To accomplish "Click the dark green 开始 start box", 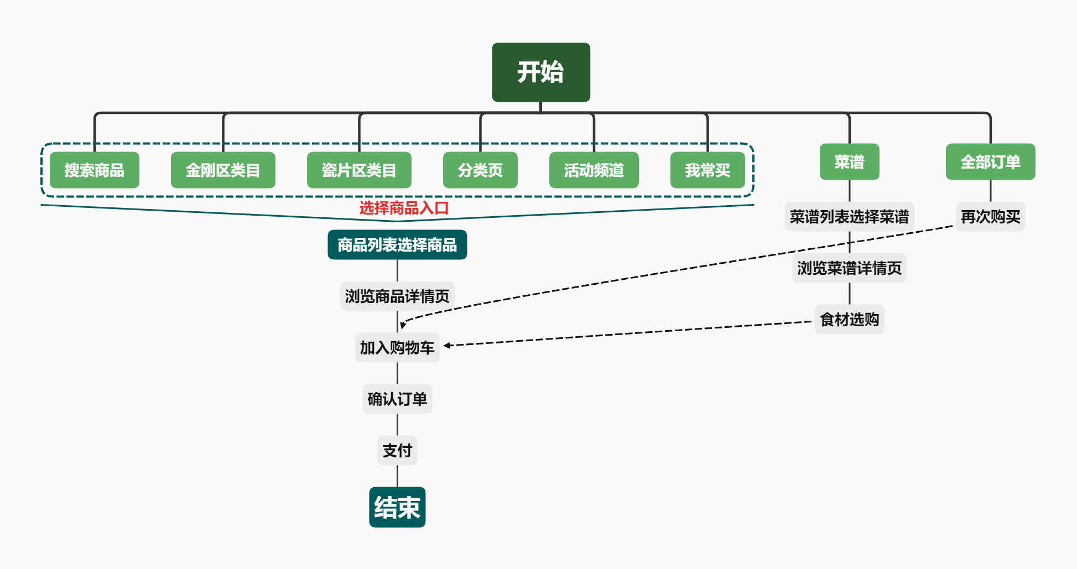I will click(540, 72).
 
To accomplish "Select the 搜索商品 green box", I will click(94, 170).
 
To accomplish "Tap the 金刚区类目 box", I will click(223, 170).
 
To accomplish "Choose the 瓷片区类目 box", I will click(359, 170).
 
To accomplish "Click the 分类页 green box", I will click(480, 170).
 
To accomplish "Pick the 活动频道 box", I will click(594, 170).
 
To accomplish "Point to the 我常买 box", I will click(707, 170).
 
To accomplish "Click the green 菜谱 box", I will click(849, 162).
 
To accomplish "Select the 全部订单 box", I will click(990, 162).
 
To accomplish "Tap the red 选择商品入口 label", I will click(404, 208).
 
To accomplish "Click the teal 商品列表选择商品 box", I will click(397, 245).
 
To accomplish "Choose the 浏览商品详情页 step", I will click(397, 296).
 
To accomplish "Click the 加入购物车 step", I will click(397, 348).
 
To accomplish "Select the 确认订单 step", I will click(397, 399).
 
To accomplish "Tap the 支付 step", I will click(397, 451).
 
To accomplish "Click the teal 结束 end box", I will click(397, 507).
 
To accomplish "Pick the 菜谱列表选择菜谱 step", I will click(849, 217).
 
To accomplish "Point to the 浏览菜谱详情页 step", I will click(849, 268).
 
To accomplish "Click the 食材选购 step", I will click(849, 320).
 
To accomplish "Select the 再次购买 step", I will click(990, 217).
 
